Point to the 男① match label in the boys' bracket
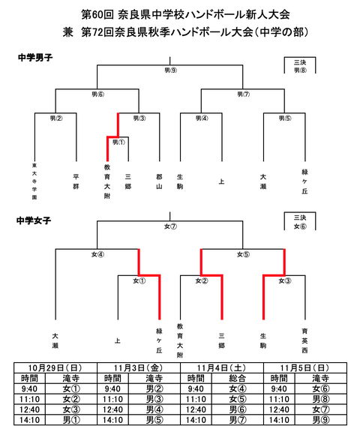point(118,141)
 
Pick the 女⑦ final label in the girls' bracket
point(170,226)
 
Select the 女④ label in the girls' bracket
point(97,253)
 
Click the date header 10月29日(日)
point(55,367)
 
